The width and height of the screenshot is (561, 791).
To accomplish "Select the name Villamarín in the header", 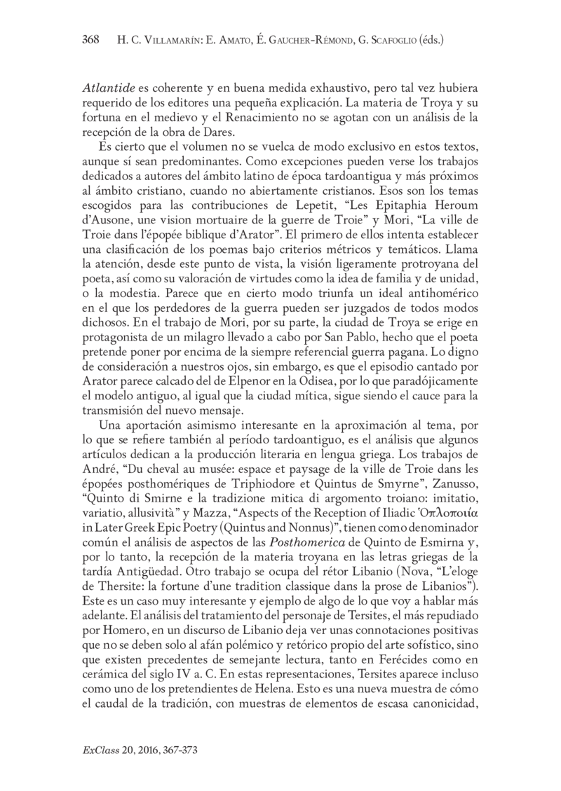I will point(168,41).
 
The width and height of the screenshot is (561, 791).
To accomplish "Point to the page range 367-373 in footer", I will point(177,749).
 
